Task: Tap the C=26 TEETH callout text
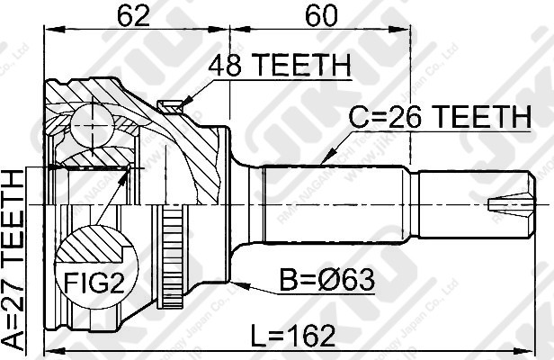(x=438, y=116)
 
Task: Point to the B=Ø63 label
(x=328, y=283)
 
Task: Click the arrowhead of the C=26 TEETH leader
(x=325, y=160)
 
